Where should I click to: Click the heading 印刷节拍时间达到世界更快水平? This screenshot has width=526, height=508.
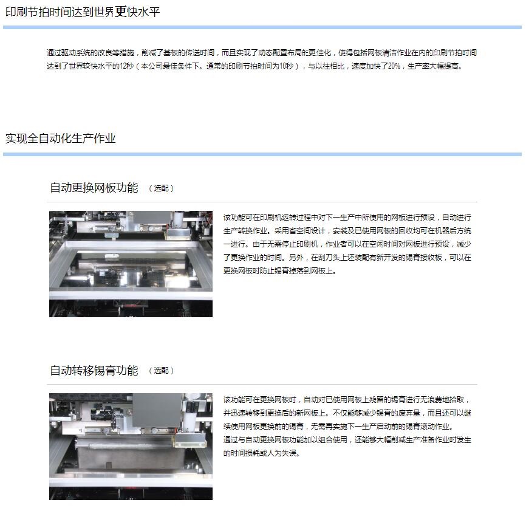pos(83,12)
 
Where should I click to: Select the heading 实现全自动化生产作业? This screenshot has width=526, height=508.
pos(60,138)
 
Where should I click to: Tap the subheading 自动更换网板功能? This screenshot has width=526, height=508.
pos(94,188)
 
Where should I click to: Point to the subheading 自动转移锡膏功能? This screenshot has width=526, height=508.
pos(94,371)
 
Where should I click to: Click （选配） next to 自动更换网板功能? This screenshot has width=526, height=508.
pos(161,188)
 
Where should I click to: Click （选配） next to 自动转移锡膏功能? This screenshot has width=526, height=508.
pos(161,371)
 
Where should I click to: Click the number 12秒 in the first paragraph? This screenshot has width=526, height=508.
pos(127,66)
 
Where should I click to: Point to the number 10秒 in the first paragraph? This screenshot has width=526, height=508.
pos(286,66)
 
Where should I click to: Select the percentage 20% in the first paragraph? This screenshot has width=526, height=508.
pos(394,66)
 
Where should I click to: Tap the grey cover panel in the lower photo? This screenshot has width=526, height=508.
pos(157,410)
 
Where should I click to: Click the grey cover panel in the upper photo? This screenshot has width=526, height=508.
pos(152,218)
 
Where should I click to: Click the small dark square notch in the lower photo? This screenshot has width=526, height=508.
pos(109,465)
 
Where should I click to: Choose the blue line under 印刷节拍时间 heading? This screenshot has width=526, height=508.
pos(262,27)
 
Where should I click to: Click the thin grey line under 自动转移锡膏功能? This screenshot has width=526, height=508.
pos(262,385)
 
